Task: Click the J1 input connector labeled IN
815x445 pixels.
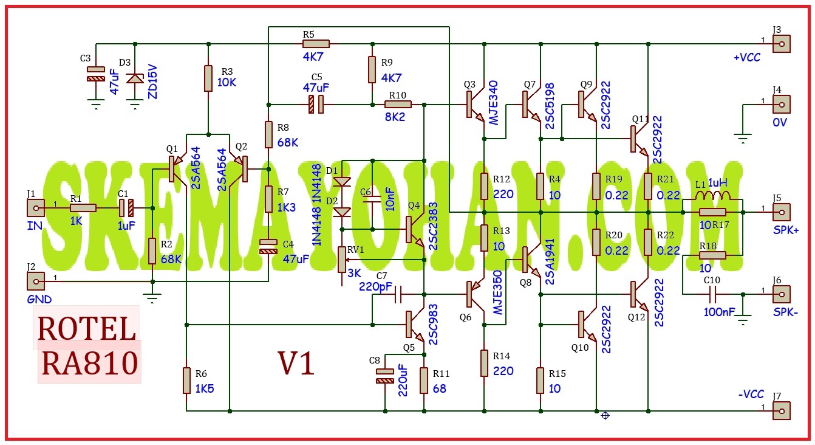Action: click(36, 208)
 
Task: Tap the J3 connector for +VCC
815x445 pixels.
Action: click(781, 44)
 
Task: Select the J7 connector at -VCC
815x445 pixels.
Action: click(781, 411)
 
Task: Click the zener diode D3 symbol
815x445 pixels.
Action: click(135, 78)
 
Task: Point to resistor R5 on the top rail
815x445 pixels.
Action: click(316, 44)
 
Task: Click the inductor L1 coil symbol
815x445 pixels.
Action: click(712, 196)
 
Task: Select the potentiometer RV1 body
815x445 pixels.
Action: click(342, 260)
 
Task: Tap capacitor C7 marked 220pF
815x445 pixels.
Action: click(398, 294)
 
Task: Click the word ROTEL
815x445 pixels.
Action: click(87, 329)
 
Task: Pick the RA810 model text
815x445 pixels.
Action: click(89, 363)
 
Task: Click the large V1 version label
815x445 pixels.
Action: click(296, 364)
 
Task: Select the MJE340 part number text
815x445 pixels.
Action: click(493, 103)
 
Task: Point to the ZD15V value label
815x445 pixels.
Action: click(153, 82)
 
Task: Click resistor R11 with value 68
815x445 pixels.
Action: click(424, 381)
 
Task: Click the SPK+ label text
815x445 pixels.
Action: click(786, 230)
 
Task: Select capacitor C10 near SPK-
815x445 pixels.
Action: click(712, 294)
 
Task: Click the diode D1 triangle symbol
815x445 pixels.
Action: click(342, 181)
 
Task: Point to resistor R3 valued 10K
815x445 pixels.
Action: click(208, 78)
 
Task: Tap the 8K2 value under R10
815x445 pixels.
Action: click(395, 117)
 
